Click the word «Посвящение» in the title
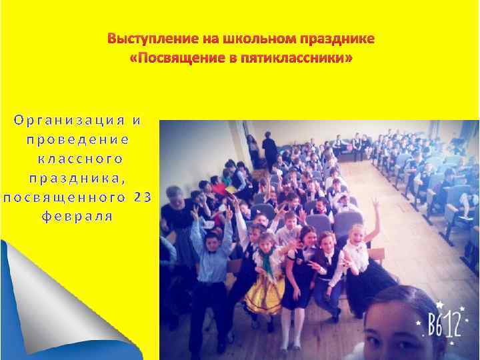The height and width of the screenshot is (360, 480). point(168,59)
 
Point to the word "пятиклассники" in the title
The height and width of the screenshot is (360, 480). point(297,59)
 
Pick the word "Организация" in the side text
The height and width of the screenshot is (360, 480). point(69,121)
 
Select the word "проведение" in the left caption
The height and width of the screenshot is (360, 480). point(77,140)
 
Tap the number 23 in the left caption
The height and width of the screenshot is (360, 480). point(143,197)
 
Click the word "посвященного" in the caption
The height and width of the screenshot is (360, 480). point(64,197)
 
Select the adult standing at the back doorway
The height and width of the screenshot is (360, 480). point(269,150)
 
